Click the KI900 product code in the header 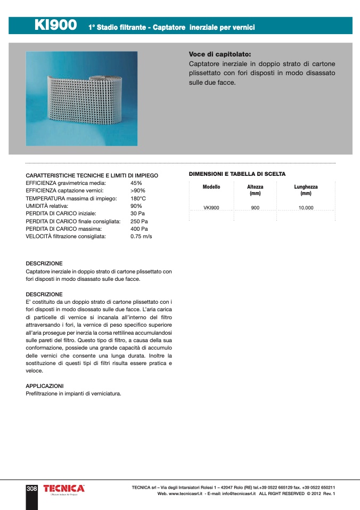[x=55, y=25]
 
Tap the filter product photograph [x=81, y=99]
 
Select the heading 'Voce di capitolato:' [x=219, y=54]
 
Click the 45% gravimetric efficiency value [x=136, y=183]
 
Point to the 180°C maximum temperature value [x=138, y=198]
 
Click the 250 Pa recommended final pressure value [x=139, y=221]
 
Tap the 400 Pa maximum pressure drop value [x=139, y=229]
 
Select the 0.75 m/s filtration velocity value [x=141, y=236]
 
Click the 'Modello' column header [x=211, y=187]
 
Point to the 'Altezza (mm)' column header [x=255, y=190]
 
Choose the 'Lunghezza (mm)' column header [x=306, y=190]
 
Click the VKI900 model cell [x=211, y=208]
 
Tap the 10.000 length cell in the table [x=306, y=208]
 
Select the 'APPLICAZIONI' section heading [x=45, y=385]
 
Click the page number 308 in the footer [x=31, y=488]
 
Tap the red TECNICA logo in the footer [x=64, y=489]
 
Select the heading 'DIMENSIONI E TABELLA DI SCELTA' [x=237, y=174]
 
